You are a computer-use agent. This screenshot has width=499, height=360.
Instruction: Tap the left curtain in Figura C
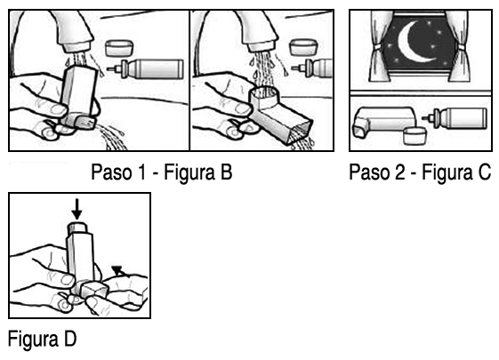pyautogui.click(x=379, y=48)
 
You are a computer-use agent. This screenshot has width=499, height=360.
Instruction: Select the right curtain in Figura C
pyautogui.click(x=457, y=48)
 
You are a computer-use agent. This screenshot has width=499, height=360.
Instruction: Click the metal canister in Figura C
pyautogui.click(x=455, y=118)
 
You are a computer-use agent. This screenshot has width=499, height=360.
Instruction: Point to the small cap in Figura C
pyautogui.click(x=414, y=135)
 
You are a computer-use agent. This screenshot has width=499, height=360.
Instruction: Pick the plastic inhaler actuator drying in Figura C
pyautogui.click(x=383, y=123)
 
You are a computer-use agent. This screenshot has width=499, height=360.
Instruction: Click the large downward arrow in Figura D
pyautogui.click(x=76, y=209)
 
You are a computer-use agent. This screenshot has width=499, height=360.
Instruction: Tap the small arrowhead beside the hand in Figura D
pyautogui.click(x=117, y=270)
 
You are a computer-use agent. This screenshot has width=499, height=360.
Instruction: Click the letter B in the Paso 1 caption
pyautogui.click(x=226, y=172)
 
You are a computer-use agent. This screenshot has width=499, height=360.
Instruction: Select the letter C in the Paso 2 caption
pyautogui.click(x=485, y=172)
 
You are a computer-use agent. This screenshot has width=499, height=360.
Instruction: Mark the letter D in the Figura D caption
pyautogui.click(x=70, y=339)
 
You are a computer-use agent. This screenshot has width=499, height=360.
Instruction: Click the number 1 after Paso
pyautogui.click(x=141, y=172)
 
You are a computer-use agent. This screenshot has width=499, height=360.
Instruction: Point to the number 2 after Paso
pyautogui.click(x=399, y=172)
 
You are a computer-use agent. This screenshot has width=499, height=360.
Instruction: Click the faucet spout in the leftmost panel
pyautogui.click(x=73, y=30)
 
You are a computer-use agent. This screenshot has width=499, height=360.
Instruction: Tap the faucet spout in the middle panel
pyautogui.click(x=258, y=30)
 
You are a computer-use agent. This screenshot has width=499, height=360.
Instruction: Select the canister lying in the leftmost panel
pyautogui.click(x=146, y=68)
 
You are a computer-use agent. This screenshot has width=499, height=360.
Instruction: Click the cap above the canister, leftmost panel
pyautogui.click(x=119, y=48)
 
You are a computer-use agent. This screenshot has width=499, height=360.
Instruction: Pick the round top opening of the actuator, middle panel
pyautogui.click(x=263, y=94)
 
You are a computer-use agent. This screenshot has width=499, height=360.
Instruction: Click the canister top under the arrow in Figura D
pyautogui.click(x=76, y=228)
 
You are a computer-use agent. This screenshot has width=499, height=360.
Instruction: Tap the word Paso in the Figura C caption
pyautogui.click(x=367, y=172)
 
